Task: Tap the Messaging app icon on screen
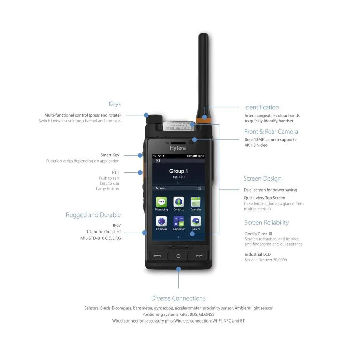coord(161,202)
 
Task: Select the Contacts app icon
coord(178,202)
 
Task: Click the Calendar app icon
coord(195,202)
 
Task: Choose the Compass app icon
coord(161,221)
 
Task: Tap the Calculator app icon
coord(178,221)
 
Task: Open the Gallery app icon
coord(195,221)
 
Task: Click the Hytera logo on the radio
coord(178,148)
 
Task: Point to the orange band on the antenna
coord(204,117)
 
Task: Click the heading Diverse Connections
coord(178,298)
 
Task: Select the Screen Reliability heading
coord(266,223)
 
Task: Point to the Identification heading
coord(261,107)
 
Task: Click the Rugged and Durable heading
coord(93,215)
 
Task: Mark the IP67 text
coord(117,225)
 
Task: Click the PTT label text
coord(116,172)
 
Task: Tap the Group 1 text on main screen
coord(178,171)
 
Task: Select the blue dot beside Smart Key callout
coord(140,155)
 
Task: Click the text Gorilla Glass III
coord(258,234)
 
